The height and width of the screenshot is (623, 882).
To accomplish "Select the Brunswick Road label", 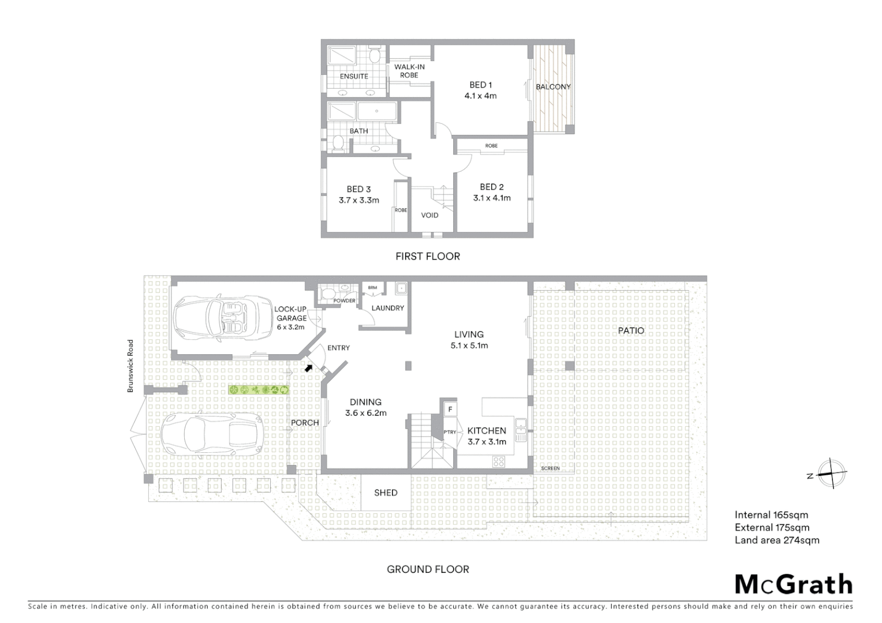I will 130,366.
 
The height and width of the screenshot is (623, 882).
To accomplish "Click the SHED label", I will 386,493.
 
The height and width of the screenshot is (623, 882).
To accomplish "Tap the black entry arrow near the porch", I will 309,367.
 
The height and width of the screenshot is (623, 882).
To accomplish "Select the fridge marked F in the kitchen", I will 450,410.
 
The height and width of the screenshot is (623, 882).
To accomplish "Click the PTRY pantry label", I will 450,432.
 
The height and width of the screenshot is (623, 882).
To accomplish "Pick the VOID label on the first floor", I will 429,215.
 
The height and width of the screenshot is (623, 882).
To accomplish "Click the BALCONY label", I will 553,87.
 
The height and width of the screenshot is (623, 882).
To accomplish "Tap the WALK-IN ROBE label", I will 409,71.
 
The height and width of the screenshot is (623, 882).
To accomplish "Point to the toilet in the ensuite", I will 374,57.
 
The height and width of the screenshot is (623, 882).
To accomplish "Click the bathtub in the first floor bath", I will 377,111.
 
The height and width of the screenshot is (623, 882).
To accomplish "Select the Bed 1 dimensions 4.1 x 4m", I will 480,96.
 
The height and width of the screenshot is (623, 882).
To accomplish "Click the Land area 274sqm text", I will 777,541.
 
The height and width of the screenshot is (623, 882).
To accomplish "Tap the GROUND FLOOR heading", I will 428,569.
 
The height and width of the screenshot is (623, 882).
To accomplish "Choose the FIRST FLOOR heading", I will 428,256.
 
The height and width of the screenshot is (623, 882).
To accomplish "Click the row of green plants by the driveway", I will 259,390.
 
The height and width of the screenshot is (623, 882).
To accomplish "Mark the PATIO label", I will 631,331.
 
